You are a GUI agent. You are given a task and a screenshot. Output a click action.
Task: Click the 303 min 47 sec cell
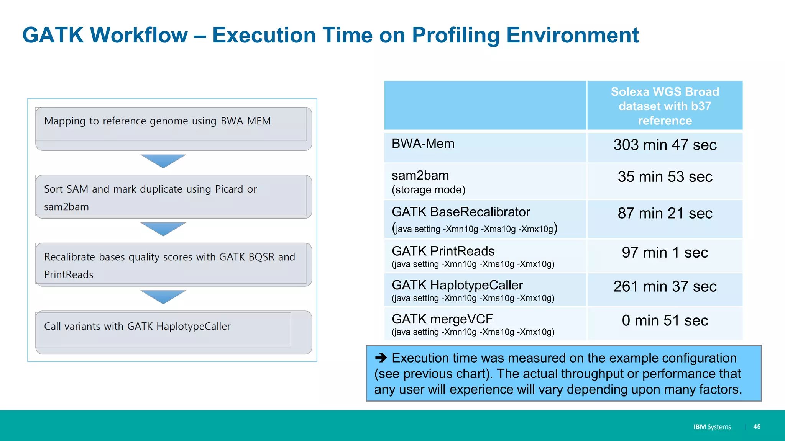(665, 145)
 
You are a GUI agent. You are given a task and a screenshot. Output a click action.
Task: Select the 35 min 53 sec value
(665, 177)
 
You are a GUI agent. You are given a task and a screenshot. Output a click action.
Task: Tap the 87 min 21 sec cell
(665, 213)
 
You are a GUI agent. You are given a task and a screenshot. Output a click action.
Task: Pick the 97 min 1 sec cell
(665, 253)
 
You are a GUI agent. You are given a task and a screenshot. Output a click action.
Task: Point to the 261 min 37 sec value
(665, 286)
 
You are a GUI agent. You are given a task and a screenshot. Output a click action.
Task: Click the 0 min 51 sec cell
(665, 320)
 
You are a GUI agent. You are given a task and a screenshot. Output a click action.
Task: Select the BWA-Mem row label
(423, 144)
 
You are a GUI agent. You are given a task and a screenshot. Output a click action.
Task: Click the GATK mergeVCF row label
(442, 319)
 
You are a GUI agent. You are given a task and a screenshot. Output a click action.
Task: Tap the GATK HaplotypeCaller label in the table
(457, 285)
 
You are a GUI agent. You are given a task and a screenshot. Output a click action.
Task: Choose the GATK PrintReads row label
(443, 251)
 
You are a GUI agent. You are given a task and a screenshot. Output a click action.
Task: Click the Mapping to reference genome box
(173, 128)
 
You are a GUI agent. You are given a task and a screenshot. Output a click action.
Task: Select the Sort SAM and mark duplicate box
(173, 197)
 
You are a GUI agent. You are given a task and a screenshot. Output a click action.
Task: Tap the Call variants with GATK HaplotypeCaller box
(173, 332)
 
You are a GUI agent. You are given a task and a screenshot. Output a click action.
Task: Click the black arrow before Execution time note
(381, 358)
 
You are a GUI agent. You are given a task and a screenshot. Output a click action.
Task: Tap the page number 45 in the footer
(757, 426)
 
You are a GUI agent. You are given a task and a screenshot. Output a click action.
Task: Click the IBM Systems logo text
(712, 427)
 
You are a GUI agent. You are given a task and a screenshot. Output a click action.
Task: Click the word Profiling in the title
(456, 35)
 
